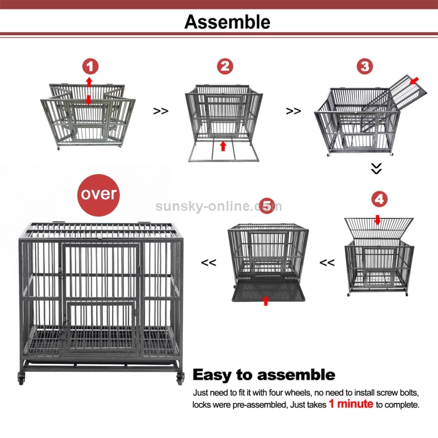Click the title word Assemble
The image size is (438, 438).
tap(227, 22)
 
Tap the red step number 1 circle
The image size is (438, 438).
tap(90, 66)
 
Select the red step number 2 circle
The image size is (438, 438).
tap(225, 66)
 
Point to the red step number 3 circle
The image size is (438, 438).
tap(365, 66)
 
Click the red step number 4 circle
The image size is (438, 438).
tap(379, 199)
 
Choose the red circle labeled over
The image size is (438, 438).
tap(98, 193)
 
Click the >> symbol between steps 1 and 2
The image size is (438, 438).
tap(161, 110)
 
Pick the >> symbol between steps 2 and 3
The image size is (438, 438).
tap(293, 110)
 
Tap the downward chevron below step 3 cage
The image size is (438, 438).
tap(377, 169)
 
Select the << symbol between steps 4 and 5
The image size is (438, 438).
tap(326, 263)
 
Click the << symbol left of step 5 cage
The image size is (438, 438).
tap(208, 263)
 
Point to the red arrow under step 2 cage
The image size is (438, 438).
tap(223, 145)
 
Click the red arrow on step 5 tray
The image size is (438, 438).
tap(266, 300)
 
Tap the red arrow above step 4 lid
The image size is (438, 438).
tap(377, 220)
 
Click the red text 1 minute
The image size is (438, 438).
tap(350, 404)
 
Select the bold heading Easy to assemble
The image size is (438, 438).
tap(264, 375)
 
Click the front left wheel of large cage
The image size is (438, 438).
tap(22, 378)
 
